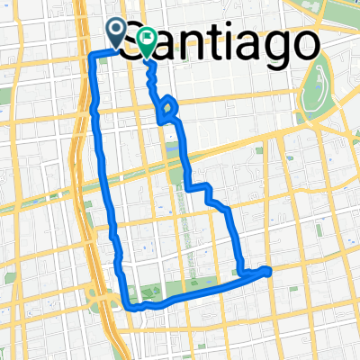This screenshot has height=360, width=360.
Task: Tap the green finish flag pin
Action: (146, 40)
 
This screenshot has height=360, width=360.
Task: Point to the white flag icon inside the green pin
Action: (146, 38)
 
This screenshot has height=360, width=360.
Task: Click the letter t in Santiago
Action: (209, 43)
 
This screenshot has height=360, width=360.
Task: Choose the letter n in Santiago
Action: (188, 45)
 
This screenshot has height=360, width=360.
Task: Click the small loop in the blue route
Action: (168, 111)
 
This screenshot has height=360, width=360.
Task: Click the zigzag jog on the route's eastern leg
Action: (206, 192)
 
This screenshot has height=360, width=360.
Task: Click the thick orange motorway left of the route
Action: (79, 180)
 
